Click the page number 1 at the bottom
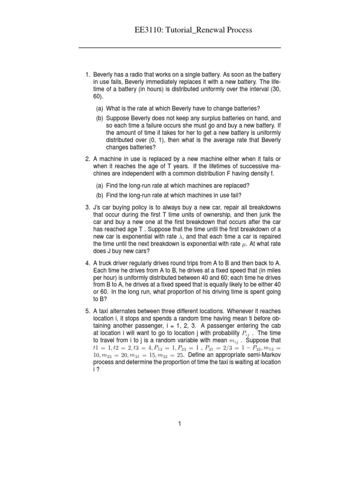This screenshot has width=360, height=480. (179, 424)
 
